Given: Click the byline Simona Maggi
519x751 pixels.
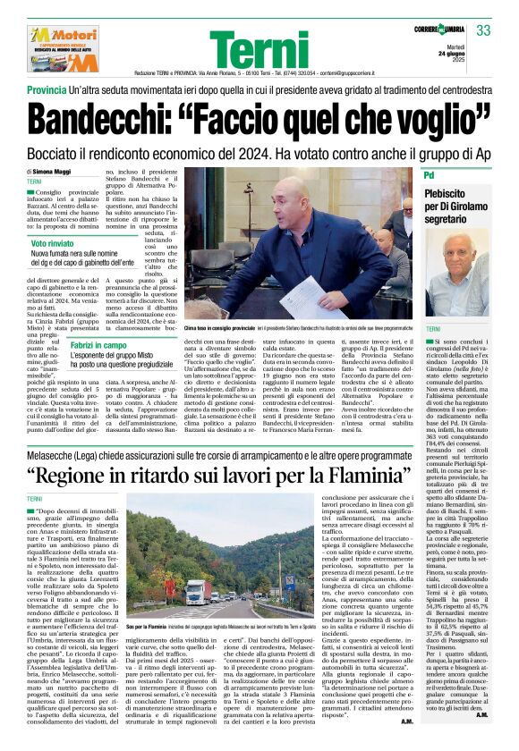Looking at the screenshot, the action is tap(57, 170).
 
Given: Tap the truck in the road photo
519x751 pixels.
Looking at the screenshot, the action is tap(199, 590).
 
